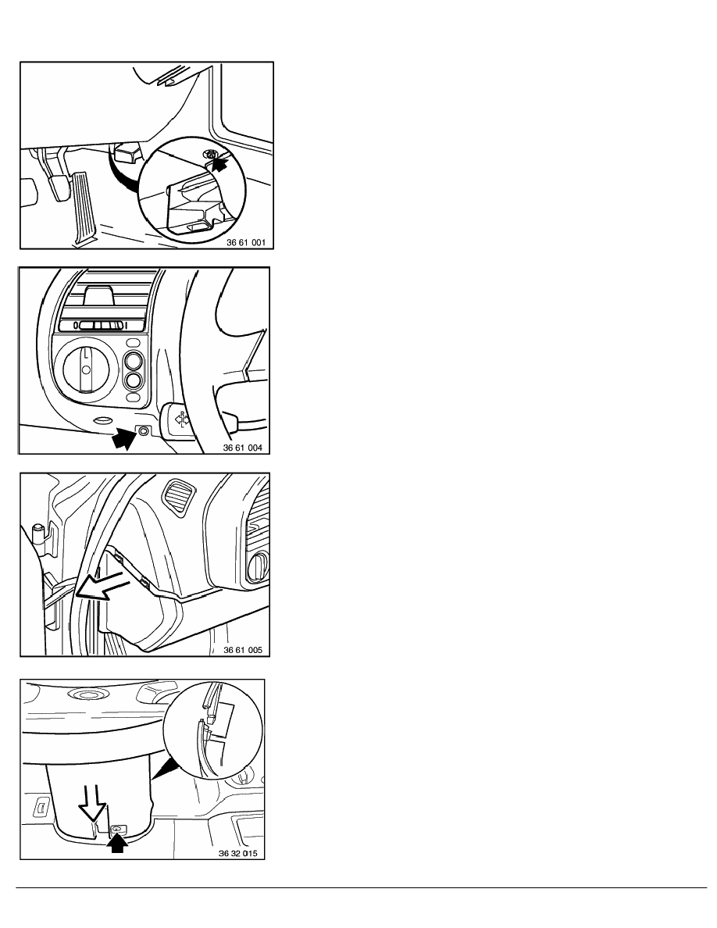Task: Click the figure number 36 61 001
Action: [246, 242]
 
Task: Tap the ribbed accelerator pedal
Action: [82, 206]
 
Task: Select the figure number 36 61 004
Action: [243, 448]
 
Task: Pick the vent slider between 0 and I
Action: [101, 325]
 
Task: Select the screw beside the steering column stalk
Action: [144, 431]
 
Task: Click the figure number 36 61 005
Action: [243, 650]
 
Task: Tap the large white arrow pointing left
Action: [103, 586]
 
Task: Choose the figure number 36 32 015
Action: [238, 854]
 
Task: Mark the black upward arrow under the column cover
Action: [117, 842]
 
